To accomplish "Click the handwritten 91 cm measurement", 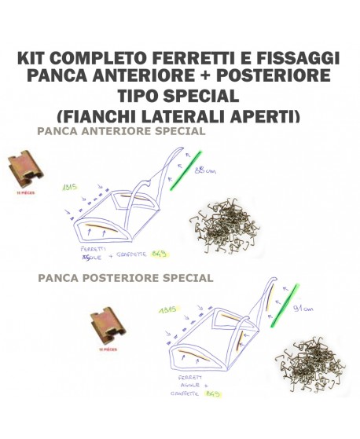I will [x=303, y=309].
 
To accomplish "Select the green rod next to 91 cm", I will [x=281, y=304].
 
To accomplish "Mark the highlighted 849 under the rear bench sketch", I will [x=212, y=393].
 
